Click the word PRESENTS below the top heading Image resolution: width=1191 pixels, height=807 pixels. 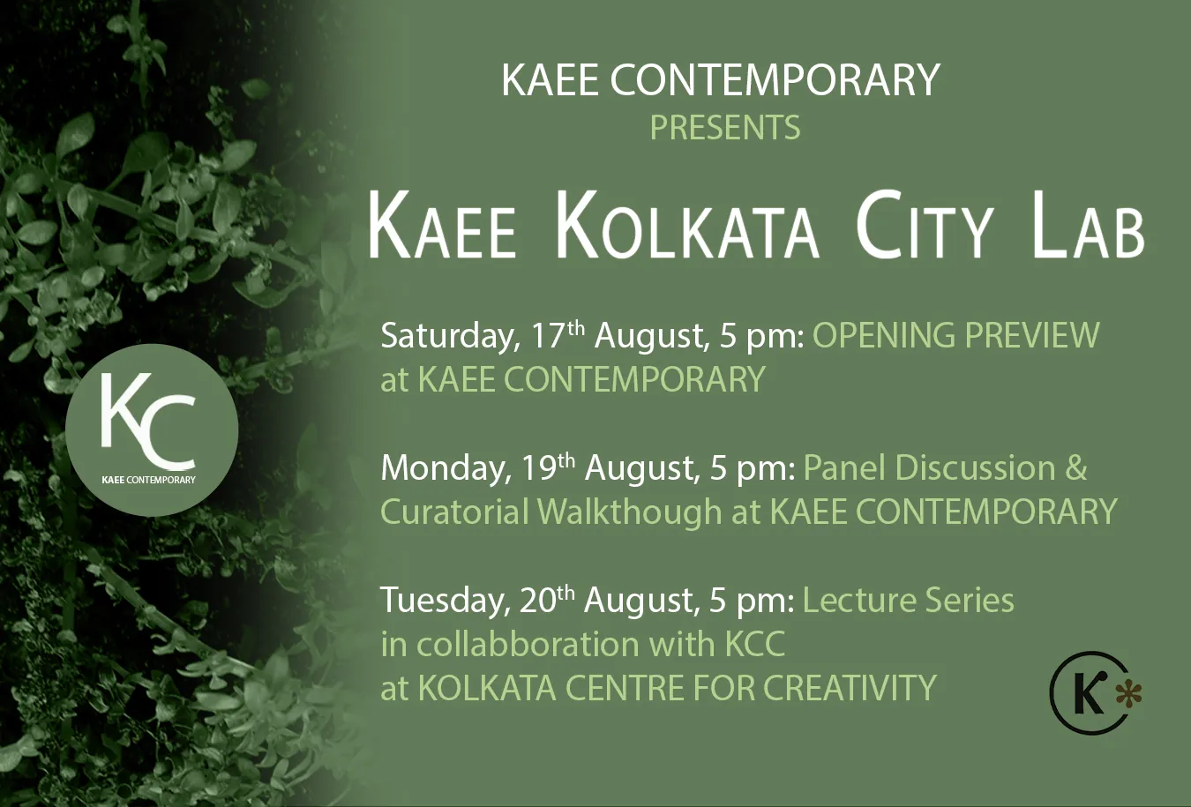point(724,128)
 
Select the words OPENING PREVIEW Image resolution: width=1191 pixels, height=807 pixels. point(955,336)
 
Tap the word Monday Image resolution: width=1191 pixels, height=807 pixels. point(446,468)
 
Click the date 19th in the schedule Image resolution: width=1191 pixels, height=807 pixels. point(548,467)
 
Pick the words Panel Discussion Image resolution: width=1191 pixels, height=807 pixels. point(929,467)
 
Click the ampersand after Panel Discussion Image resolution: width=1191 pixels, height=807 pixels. point(1075,467)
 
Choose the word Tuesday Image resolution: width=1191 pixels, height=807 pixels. point(445,601)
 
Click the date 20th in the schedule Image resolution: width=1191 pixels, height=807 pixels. point(547,600)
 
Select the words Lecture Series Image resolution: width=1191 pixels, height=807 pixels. point(908,601)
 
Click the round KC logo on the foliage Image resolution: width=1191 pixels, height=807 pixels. point(152,430)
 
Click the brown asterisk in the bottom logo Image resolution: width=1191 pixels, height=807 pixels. point(1128,695)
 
